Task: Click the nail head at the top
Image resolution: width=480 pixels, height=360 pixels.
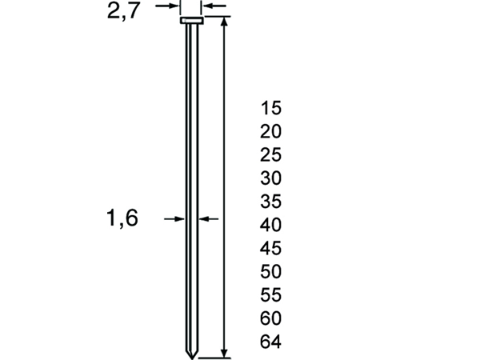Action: (190, 20)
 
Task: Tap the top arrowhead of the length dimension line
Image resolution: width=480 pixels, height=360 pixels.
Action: (224, 22)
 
